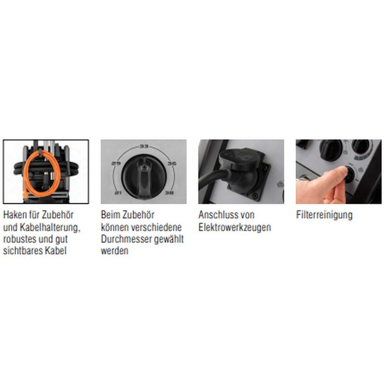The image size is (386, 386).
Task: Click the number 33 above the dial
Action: pyautogui.click(x=144, y=147)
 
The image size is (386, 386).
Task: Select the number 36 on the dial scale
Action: pyautogui.click(x=172, y=163)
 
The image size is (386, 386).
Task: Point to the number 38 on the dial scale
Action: pyautogui.click(x=169, y=193)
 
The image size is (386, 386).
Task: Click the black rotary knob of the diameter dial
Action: pyautogui.click(x=144, y=176)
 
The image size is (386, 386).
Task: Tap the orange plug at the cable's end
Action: pyautogui.click(x=25, y=195)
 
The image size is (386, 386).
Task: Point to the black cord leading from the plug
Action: pyautogui.click(x=212, y=178)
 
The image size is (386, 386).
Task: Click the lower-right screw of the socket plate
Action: pyautogui.click(x=255, y=196)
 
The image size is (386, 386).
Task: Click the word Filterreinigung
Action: pyautogui.click(x=324, y=215)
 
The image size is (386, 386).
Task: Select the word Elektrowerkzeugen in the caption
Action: pyautogui.click(x=234, y=227)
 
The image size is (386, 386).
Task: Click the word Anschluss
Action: pyautogui.click(x=217, y=215)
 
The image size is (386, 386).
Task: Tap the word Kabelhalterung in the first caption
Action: pyautogui.click(x=50, y=227)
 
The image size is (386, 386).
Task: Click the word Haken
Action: pyautogui.click(x=15, y=215)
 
